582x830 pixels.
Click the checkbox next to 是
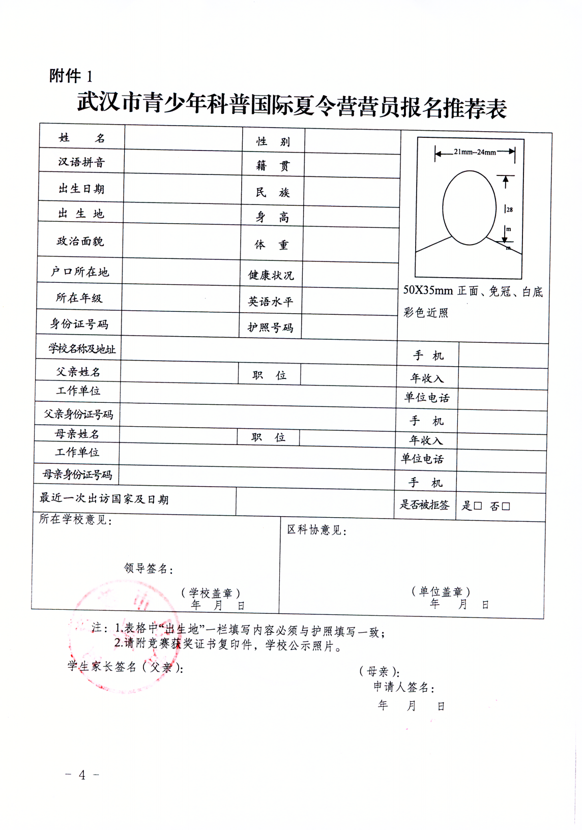point(477,506)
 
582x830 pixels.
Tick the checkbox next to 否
point(506,506)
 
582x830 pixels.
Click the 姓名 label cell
point(81,138)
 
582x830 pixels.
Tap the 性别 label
point(273,141)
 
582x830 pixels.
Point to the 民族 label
point(273,192)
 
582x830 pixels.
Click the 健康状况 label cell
point(271,275)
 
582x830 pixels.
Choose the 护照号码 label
point(270,328)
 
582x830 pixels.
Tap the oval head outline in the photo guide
point(469,207)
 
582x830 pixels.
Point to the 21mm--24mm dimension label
point(475,152)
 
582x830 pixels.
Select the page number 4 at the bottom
point(82,775)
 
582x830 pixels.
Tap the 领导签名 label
point(149,569)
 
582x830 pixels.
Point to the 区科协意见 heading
point(316,530)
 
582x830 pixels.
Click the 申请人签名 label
point(404,688)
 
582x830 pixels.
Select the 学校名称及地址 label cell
point(82,349)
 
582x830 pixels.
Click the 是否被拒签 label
point(424,505)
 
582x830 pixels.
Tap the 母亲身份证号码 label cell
point(77,475)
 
